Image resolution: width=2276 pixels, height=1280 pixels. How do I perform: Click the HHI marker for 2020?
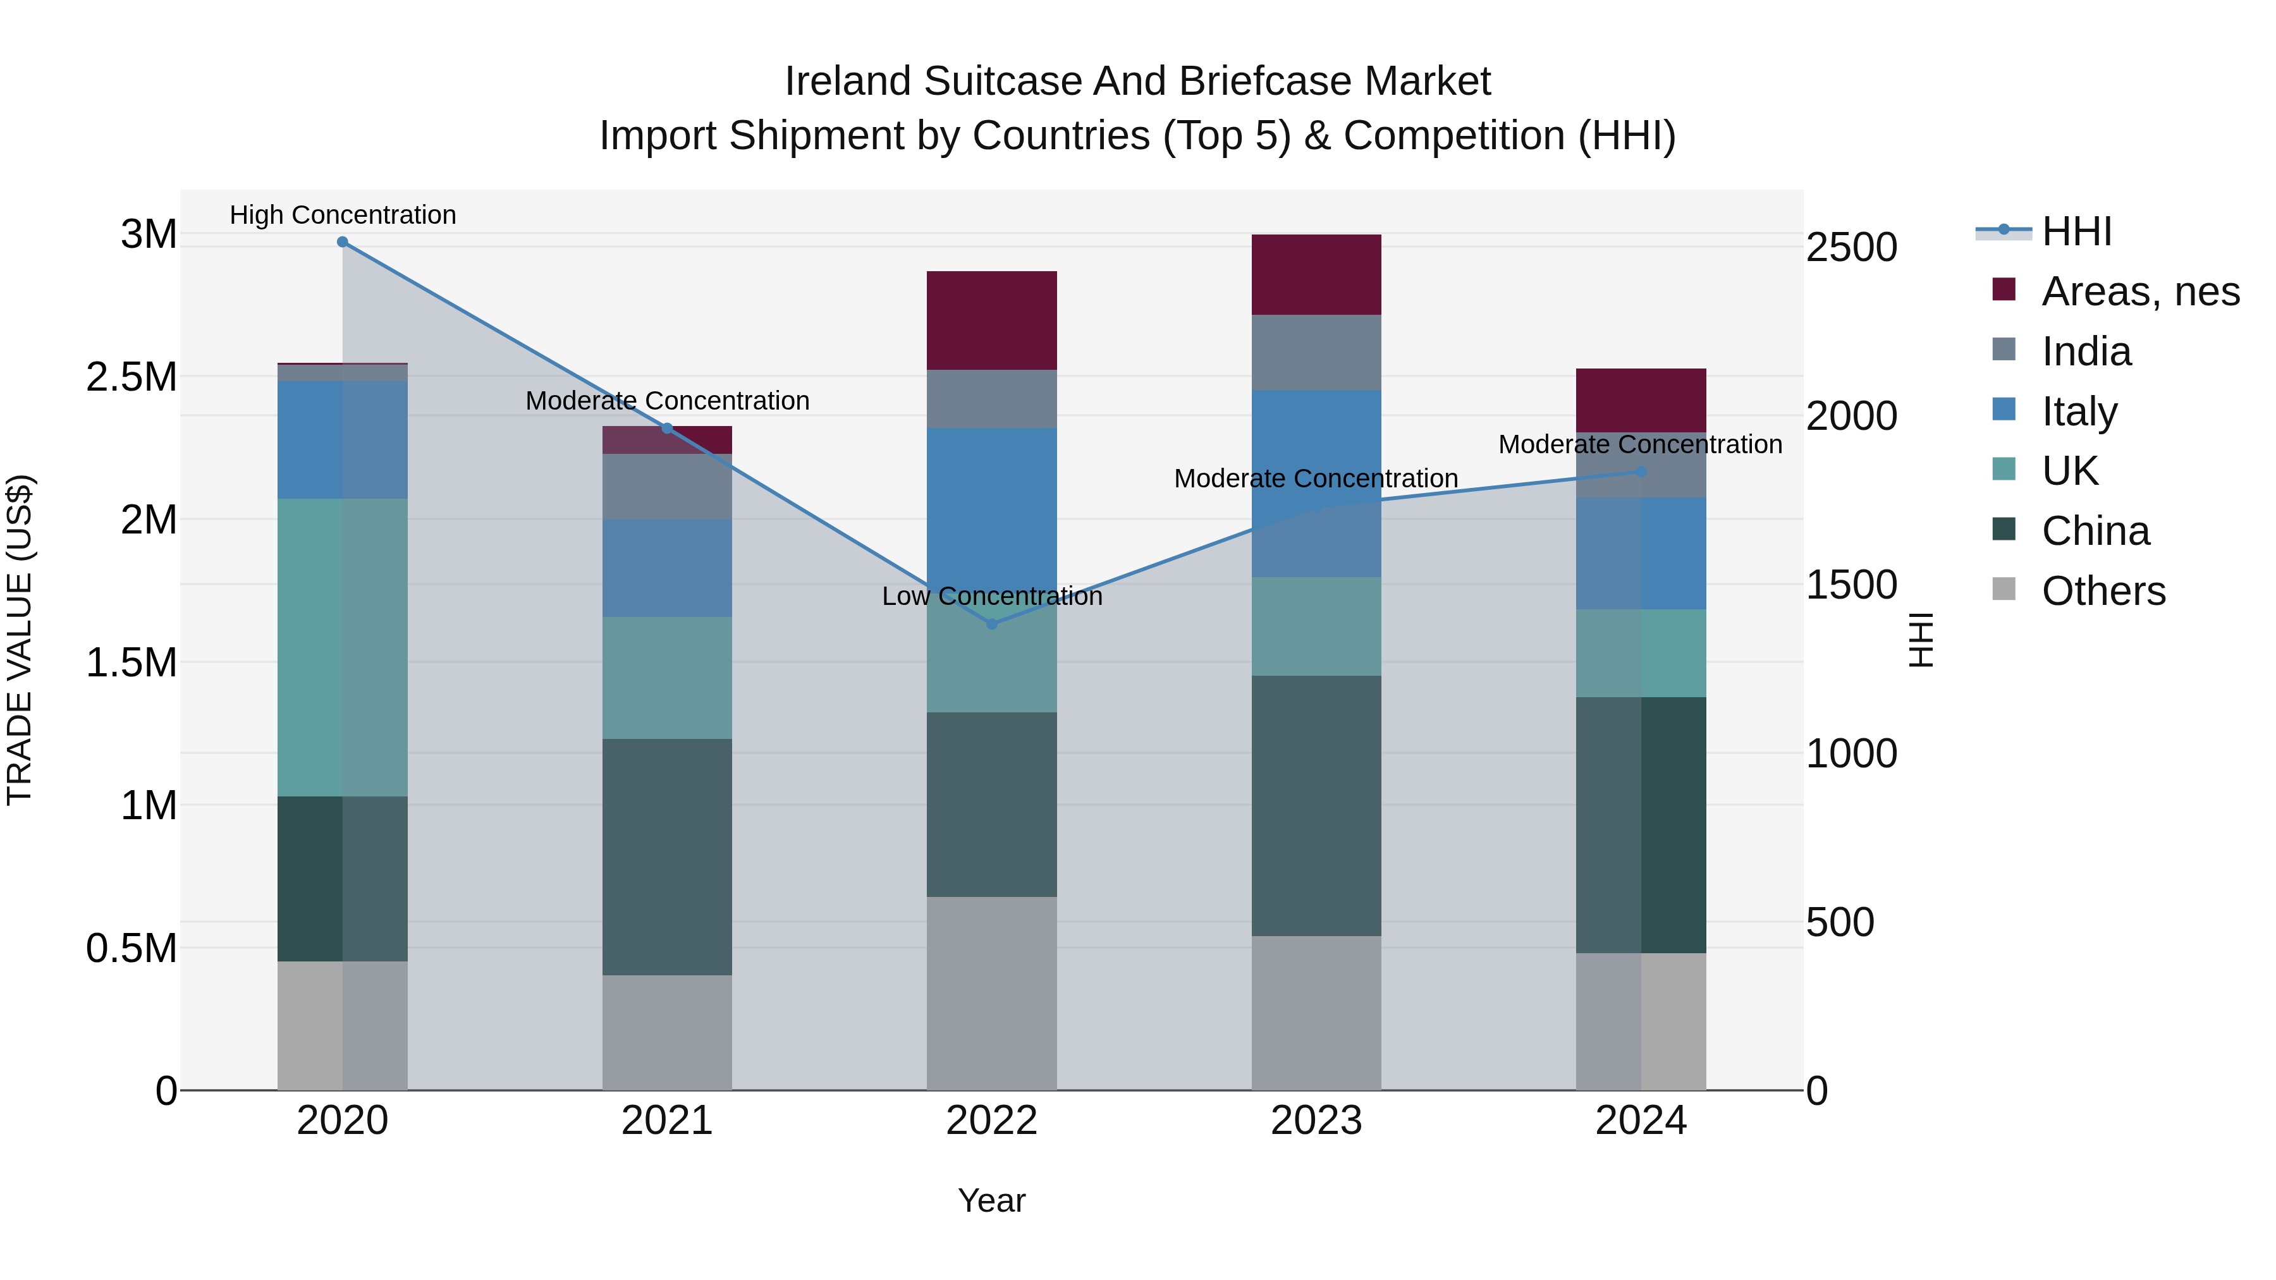click(343, 242)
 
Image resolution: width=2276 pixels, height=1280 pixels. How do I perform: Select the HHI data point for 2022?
click(991, 624)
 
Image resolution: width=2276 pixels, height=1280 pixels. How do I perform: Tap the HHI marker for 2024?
click(1641, 472)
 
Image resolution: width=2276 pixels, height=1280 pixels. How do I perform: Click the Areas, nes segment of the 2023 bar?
click(1316, 275)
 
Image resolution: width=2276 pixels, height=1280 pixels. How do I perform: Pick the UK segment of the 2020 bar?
click(343, 647)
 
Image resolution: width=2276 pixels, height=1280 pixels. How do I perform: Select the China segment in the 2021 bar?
click(667, 857)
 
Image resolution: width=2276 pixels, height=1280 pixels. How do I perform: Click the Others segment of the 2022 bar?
click(991, 993)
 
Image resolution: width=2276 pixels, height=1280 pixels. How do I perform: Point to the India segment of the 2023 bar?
click(1316, 353)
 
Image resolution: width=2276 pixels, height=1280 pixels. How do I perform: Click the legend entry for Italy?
click(2079, 411)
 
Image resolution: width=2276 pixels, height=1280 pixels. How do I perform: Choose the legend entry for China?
click(2095, 531)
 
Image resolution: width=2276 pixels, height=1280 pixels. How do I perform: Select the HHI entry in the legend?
click(2076, 231)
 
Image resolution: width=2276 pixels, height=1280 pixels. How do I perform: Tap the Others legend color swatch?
click(2004, 590)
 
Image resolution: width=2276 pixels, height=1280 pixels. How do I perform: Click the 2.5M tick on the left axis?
click(132, 377)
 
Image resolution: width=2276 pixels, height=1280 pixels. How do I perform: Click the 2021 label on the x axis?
click(667, 1121)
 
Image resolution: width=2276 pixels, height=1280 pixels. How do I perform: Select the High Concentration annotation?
click(343, 215)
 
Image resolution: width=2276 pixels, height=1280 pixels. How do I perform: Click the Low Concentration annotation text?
click(991, 596)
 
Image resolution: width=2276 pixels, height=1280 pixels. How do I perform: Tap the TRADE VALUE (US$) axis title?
click(20, 640)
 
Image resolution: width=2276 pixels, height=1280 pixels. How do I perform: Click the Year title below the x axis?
click(991, 1200)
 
